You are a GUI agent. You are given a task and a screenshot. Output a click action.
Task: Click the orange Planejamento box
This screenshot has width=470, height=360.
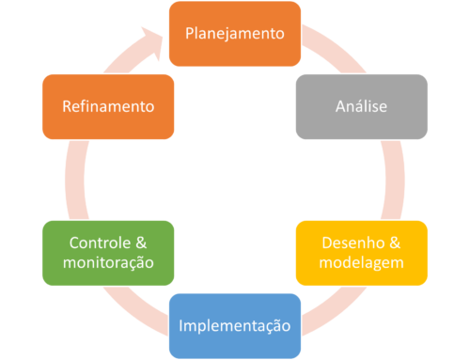[x=235, y=34]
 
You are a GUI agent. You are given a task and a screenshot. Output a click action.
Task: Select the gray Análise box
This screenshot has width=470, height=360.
[x=362, y=106]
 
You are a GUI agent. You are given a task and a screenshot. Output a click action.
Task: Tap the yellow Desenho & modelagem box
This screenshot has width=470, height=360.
[x=362, y=252]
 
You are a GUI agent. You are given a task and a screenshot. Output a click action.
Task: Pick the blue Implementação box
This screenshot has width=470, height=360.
[x=235, y=325]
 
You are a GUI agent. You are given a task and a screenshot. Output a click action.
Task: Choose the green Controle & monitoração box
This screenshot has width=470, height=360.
[x=109, y=252]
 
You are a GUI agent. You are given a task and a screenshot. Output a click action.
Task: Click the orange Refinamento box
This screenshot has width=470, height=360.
[x=109, y=106]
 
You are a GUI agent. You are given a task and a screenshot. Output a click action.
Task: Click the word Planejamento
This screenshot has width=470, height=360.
[x=235, y=34]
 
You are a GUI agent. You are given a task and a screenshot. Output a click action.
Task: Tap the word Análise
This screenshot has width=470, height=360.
[x=362, y=106]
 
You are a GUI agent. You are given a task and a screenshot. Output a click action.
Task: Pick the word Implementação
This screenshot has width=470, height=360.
[x=235, y=325]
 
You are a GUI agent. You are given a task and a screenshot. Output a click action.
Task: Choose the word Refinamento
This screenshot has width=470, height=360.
[x=109, y=106]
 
